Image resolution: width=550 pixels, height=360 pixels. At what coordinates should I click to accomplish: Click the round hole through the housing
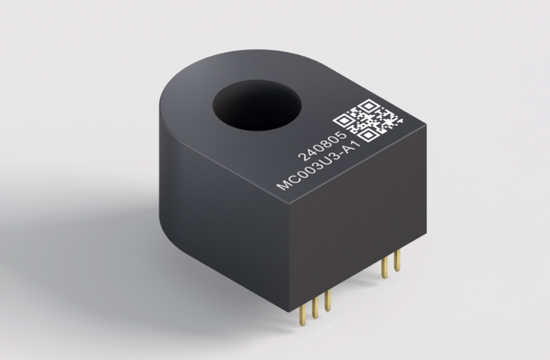[257, 105]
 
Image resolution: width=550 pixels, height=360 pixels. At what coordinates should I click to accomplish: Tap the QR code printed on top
[368, 121]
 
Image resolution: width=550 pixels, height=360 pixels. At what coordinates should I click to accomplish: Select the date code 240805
[322, 146]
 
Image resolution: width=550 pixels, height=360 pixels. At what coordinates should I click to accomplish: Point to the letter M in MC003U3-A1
[283, 185]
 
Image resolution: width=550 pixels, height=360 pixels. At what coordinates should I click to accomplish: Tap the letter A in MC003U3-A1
[349, 149]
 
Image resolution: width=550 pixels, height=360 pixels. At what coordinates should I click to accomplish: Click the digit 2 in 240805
[302, 157]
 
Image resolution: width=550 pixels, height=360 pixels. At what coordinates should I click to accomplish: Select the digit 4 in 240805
[310, 152]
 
